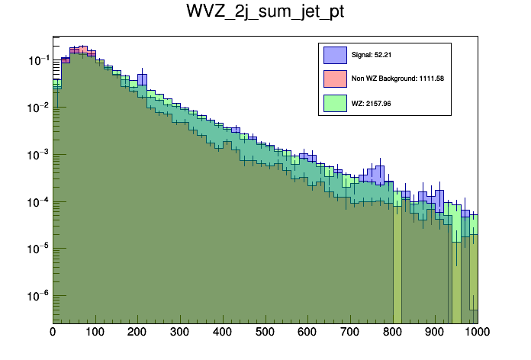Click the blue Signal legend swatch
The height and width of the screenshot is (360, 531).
coord(334,55)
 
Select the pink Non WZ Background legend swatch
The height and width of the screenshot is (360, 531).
coord(334,79)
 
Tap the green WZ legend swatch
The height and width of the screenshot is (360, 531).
coord(334,102)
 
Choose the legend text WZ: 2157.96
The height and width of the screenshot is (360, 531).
coord(371,102)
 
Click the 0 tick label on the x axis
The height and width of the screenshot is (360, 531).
coord(53,333)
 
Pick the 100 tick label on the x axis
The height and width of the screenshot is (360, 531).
coord(95,333)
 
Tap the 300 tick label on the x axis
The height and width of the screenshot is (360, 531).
coord(180,333)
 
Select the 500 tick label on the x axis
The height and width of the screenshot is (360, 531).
coord(265,333)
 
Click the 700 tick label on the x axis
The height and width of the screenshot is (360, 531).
coord(350,333)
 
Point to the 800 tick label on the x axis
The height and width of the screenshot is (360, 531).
coord(393,333)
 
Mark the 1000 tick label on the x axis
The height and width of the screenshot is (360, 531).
coord(476,333)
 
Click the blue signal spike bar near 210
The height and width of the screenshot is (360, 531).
coord(143,80)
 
